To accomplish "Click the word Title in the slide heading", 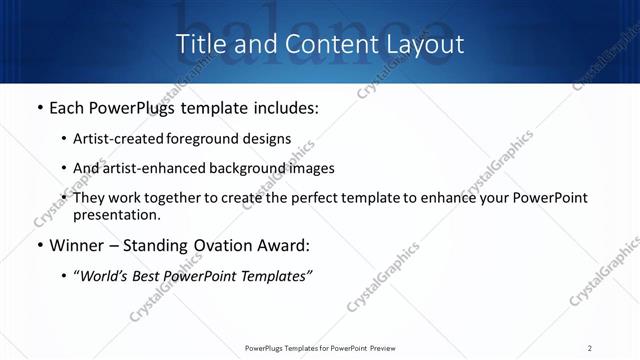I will (x=198, y=44).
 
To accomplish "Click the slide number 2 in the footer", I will (x=590, y=348).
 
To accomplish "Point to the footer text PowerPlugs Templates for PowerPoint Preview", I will (x=320, y=348).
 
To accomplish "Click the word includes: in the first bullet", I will (x=283, y=107).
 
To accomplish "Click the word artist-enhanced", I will (x=142, y=168).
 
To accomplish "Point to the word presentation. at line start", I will (x=116, y=214).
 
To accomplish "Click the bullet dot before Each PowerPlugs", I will (x=39, y=108).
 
